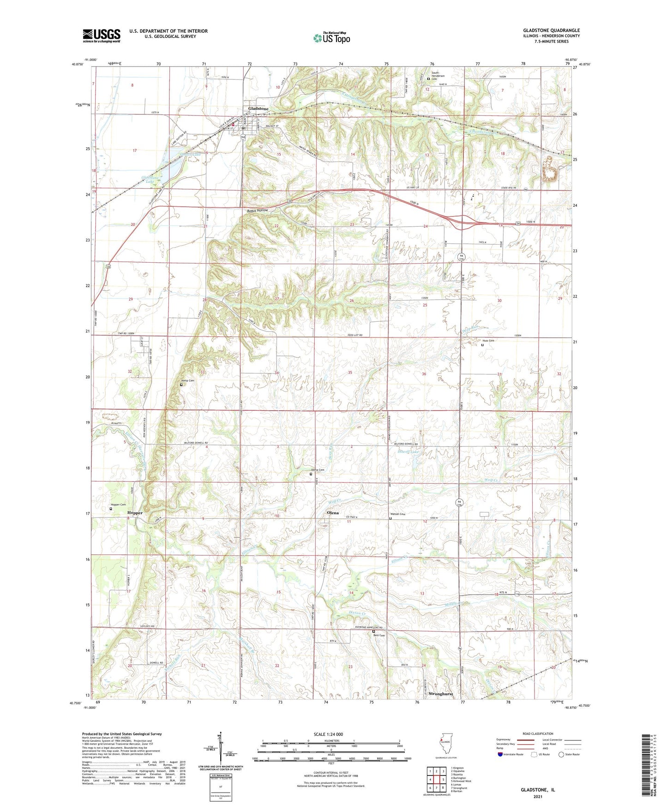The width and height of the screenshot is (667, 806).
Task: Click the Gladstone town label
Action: click(x=258, y=108)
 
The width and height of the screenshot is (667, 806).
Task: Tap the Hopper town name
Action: click(x=135, y=513)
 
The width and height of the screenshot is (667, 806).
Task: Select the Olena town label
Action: click(x=332, y=513)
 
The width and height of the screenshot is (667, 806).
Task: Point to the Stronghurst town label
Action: click(x=440, y=694)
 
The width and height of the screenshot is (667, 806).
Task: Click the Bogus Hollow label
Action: click(x=257, y=211)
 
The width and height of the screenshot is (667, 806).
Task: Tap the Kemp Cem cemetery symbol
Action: click(x=181, y=385)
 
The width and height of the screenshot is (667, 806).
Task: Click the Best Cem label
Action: click(x=379, y=635)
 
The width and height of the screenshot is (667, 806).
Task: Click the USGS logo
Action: click(x=102, y=36)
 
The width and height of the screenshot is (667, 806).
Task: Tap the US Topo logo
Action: click(x=331, y=38)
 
